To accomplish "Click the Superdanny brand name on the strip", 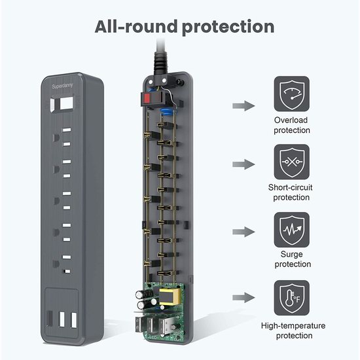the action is pos(62,86).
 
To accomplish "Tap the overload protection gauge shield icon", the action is pos(292,94).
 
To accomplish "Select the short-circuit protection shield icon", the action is pos(292,162).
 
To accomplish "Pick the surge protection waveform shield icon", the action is pos(292,230).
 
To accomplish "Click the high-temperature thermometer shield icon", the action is pos(292,298).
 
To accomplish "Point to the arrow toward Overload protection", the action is pos(243,106).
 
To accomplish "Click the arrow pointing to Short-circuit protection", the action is pos(243,164).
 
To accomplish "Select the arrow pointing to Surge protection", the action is pos(243,232).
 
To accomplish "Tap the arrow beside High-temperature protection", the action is pos(243,298).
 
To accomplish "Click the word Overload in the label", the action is pos(291,120).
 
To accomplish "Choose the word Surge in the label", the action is pos(291,255).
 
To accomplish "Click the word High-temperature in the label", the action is pos(293,326).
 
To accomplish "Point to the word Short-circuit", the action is pos(291,187).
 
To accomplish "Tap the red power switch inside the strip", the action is pos(147,98).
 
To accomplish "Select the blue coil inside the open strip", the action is pos(167,112).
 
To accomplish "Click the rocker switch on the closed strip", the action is pos(62,104).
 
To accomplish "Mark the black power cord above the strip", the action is pos(161,57).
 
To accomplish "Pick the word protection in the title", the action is pos(228,27).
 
